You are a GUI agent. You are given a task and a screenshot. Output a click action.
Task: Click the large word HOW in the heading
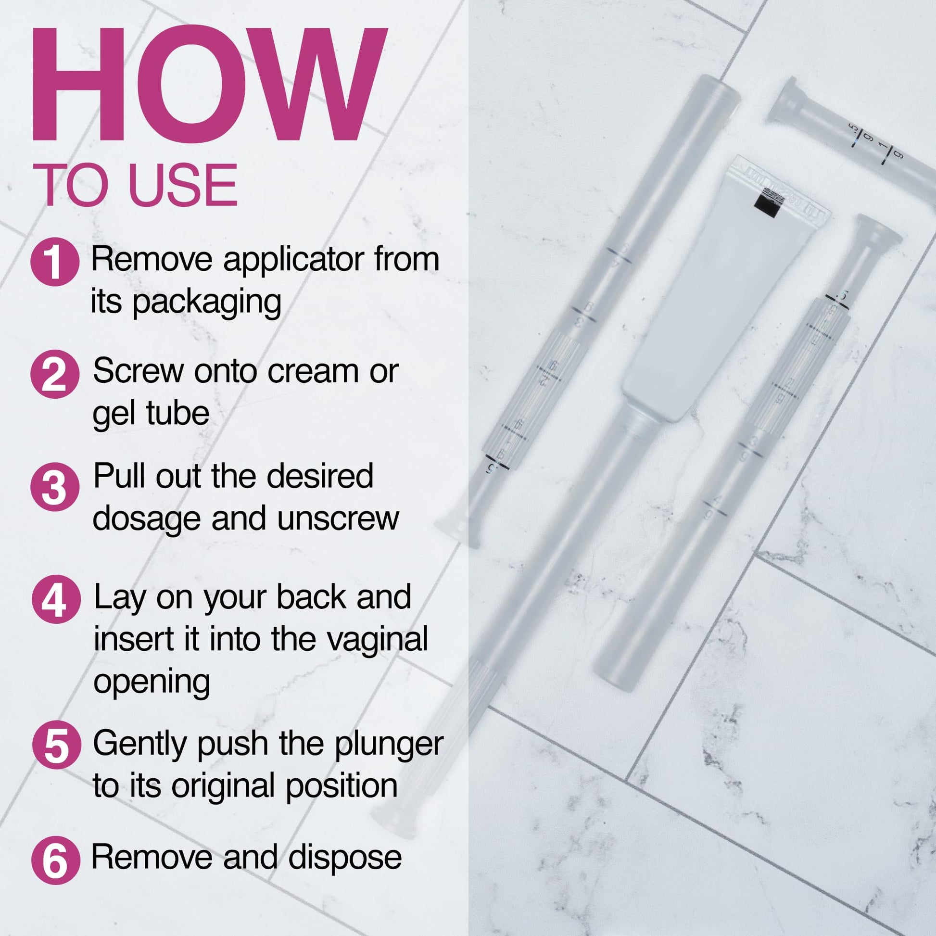(x=208, y=85)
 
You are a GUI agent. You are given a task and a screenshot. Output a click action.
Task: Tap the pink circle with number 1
(x=55, y=262)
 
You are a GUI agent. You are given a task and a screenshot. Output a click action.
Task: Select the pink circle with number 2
(x=55, y=374)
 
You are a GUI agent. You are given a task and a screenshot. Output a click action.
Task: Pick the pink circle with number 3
(x=55, y=487)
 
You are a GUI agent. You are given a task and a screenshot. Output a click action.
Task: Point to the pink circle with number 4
(x=56, y=599)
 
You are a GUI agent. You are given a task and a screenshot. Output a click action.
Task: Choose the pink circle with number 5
(x=56, y=745)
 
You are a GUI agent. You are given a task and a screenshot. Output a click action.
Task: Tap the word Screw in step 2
(x=139, y=372)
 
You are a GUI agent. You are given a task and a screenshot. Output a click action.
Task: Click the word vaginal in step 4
(x=377, y=640)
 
